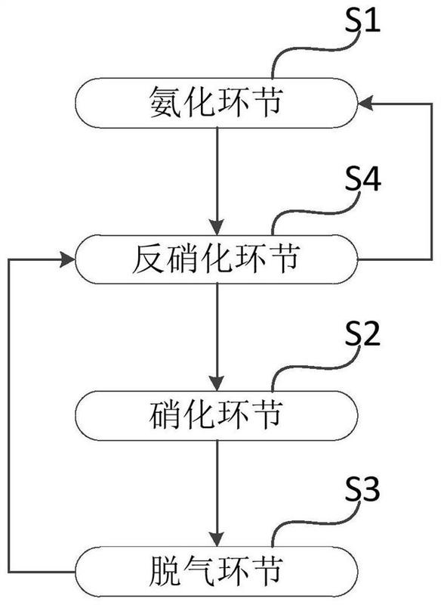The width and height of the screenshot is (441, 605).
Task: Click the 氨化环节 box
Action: point(217,104)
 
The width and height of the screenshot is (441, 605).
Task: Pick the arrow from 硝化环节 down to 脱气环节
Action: point(217,489)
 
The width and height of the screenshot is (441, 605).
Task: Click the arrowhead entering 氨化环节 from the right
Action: point(366,105)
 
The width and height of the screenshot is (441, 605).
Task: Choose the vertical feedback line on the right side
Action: point(429,181)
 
